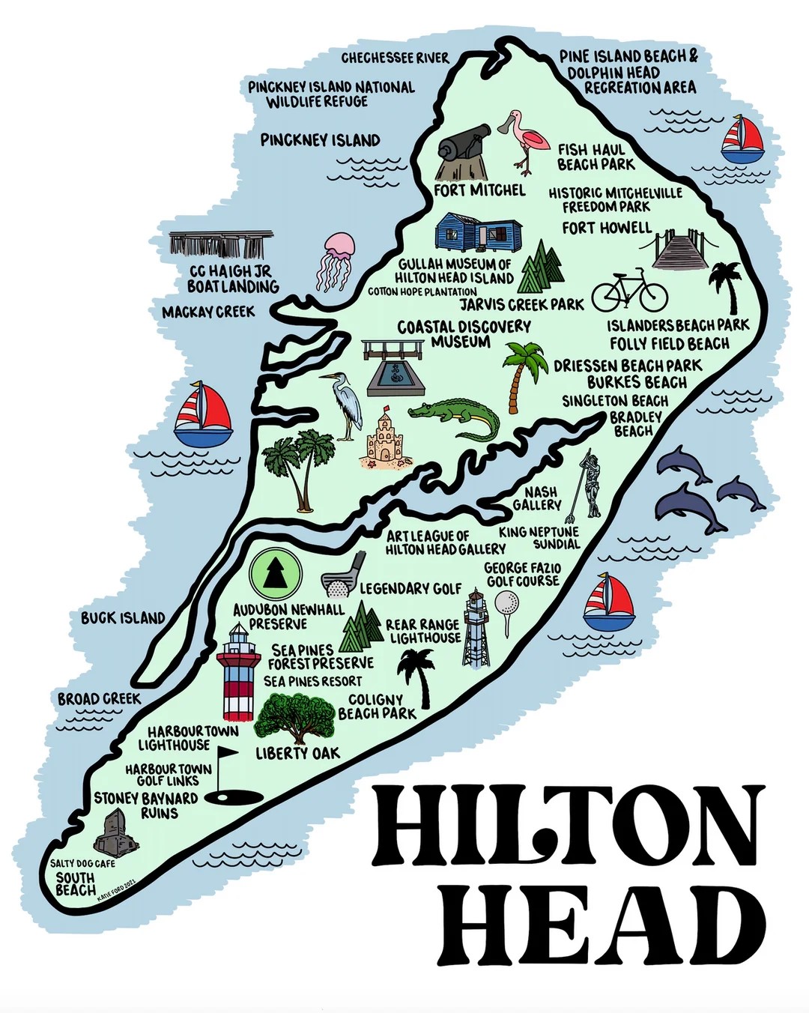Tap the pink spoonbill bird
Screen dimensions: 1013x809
click(524, 139)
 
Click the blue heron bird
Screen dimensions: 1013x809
click(345, 405)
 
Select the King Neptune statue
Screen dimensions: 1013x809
click(590, 487)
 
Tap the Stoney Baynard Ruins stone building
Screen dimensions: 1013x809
click(116, 832)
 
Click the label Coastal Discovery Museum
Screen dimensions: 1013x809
click(464, 334)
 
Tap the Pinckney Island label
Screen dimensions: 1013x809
click(320, 140)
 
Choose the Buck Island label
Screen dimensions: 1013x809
click(123, 618)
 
